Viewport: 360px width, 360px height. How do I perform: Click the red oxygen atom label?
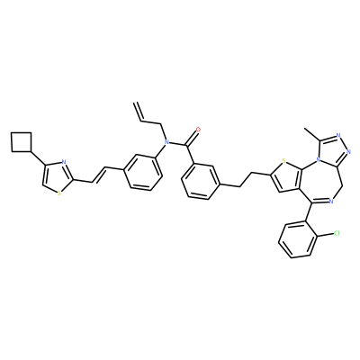click(198, 130)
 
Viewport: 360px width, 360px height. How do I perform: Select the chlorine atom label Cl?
click(337, 233)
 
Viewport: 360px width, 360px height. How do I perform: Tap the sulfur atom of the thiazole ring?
click(59, 193)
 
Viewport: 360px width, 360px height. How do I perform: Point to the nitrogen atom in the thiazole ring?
click(64, 162)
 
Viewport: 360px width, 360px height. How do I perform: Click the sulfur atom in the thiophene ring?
click(283, 161)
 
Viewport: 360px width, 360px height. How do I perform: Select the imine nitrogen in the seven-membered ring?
click(331, 202)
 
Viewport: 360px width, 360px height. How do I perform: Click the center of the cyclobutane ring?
click(22, 141)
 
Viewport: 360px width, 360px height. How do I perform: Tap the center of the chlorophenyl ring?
click(297, 239)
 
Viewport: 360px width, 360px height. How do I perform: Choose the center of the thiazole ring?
click(57, 177)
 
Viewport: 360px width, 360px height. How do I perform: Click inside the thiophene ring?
click(286, 177)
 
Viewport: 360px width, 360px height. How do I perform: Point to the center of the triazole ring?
click(333, 151)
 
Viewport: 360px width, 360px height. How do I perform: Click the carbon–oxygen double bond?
click(192, 137)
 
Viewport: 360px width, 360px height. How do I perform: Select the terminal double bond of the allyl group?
click(139, 112)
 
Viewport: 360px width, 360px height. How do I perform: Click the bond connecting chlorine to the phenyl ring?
click(325, 236)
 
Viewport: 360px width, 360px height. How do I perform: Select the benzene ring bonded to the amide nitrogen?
click(143, 172)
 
